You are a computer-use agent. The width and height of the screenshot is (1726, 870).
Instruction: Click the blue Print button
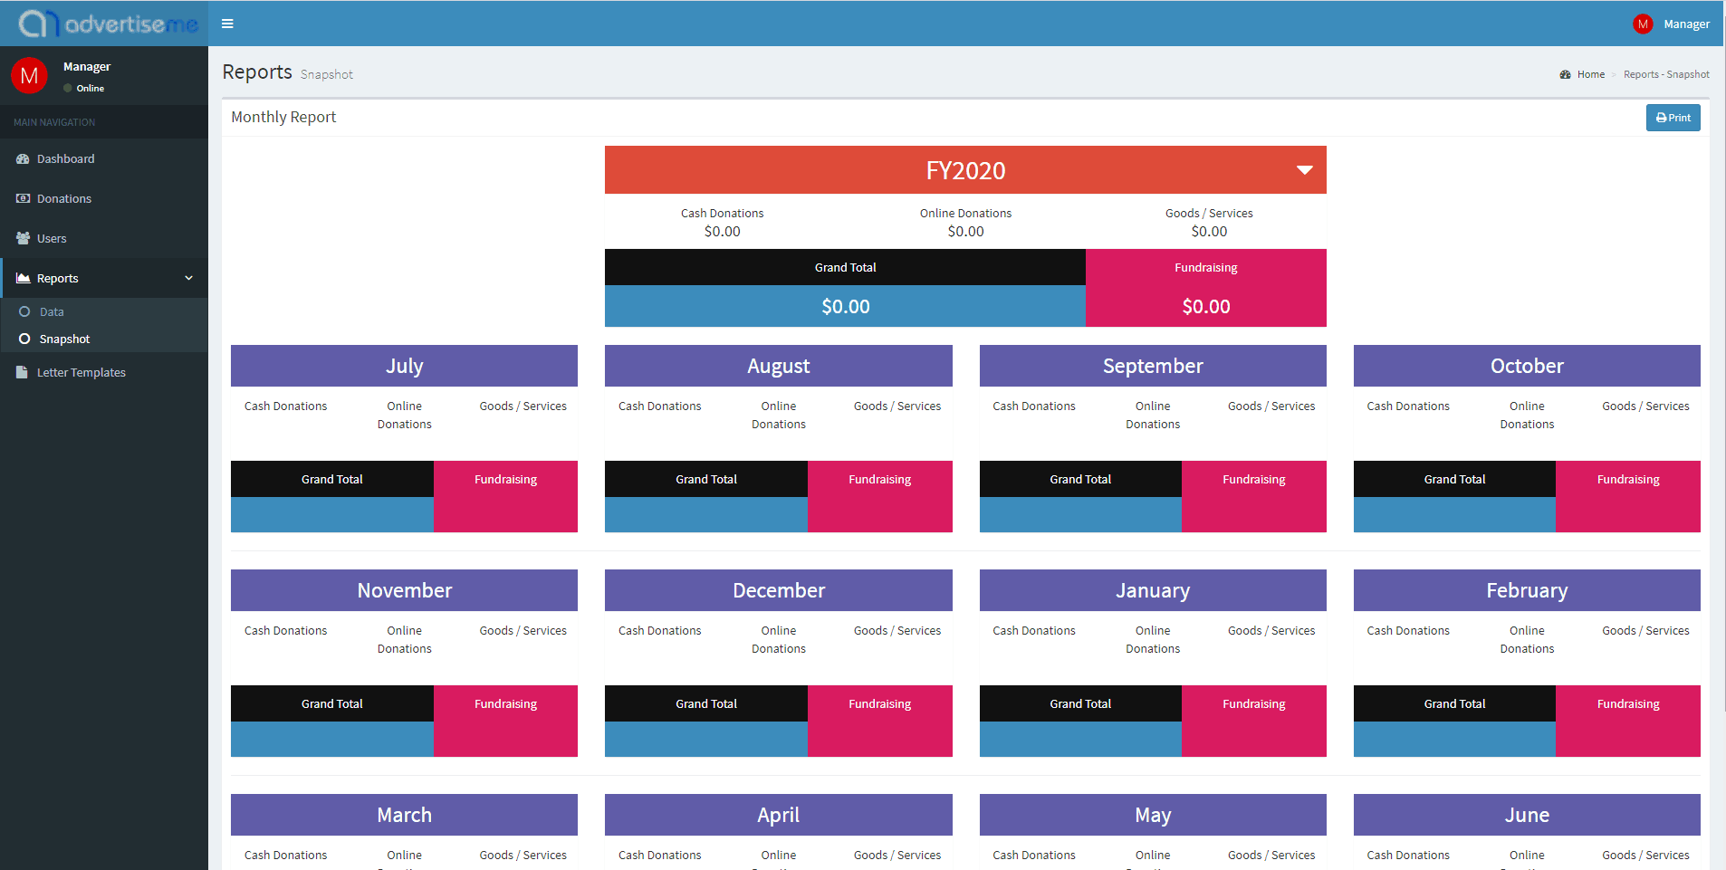coord(1673,118)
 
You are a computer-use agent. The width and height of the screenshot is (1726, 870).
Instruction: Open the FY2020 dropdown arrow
coord(1304,170)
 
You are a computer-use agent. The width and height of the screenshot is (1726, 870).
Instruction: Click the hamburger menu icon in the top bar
coord(227,24)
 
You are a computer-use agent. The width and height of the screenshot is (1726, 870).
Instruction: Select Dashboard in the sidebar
coord(65,158)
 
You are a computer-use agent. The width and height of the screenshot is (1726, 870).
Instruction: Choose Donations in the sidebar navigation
coord(63,198)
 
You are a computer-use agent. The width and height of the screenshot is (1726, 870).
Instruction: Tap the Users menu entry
coord(52,238)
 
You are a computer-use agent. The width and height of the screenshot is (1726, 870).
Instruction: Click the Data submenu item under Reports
coord(52,311)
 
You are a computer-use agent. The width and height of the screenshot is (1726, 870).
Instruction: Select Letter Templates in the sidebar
coord(81,372)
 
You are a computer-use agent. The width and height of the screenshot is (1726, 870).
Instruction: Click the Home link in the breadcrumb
coord(1590,74)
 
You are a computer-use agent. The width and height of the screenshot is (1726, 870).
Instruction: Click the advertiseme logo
coord(109,24)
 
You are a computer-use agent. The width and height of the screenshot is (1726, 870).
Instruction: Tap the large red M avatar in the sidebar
coord(29,76)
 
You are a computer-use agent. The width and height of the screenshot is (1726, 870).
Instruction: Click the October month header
coord(1526,366)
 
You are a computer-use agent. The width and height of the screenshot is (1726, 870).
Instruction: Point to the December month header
coord(778,590)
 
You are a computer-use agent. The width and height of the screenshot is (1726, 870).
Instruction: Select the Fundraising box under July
coord(505,496)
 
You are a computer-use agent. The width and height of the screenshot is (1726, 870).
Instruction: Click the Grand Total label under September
coord(1079,479)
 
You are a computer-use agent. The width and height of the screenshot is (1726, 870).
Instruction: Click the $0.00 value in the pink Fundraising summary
coord(1205,307)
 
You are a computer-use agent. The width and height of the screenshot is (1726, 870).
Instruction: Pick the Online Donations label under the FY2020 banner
coord(965,213)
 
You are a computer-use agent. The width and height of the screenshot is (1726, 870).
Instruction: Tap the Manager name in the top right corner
coord(1685,24)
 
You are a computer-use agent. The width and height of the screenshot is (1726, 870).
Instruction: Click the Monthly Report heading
coord(283,117)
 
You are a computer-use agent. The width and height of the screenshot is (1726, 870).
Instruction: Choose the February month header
coord(1526,590)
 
